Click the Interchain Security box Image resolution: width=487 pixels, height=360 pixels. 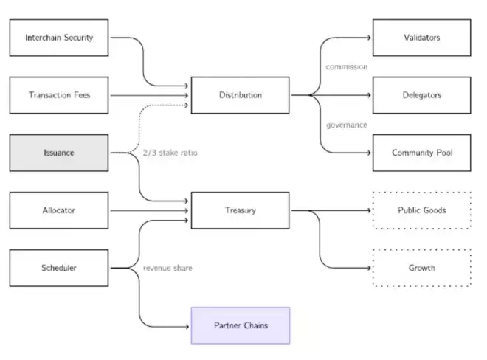(x=59, y=38)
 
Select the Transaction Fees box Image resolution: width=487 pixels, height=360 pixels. (x=59, y=95)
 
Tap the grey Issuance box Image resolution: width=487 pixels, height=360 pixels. (x=59, y=153)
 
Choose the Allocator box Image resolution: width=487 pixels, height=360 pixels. (x=59, y=210)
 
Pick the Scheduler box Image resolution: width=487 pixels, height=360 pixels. (x=59, y=268)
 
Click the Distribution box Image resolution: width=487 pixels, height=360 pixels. (x=241, y=95)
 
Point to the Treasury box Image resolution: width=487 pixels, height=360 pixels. (x=241, y=210)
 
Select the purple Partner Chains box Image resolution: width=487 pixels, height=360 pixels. (x=241, y=325)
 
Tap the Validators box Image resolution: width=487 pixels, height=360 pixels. (x=421, y=38)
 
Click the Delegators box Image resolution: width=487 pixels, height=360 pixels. (x=421, y=95)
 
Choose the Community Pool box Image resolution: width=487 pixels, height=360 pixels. (x=421, y=153)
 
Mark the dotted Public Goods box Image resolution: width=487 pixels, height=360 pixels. (x=421, y=210)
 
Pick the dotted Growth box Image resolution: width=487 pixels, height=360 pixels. (x=421, y=268)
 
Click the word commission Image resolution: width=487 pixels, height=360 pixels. (x=346, y=67)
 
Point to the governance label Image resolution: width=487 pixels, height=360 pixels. (x=346, y=125)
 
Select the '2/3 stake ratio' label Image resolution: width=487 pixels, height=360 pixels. (x=170, y=153)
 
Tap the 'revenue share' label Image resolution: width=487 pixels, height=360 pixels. (x=167, y=268)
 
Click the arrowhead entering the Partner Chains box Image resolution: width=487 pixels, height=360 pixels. (x=187, y=325)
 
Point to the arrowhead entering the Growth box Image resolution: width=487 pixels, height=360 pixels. (x=369, y=268)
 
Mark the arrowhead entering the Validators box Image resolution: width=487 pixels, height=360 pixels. (x=369, y=38)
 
